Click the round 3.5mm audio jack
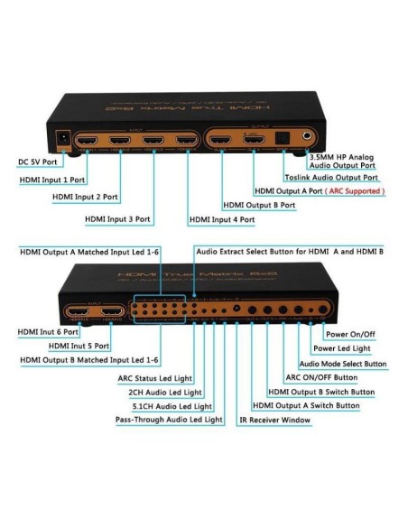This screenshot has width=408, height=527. click(x=311, y=136)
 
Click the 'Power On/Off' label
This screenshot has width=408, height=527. click(x=358, y=334)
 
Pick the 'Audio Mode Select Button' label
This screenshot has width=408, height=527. click(x=342, y=364)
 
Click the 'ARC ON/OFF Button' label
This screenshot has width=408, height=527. click(x=323, y=378)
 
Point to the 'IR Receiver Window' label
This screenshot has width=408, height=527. click(x=278, y=421)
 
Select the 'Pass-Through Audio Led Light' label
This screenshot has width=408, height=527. click(x=169, y=421)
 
